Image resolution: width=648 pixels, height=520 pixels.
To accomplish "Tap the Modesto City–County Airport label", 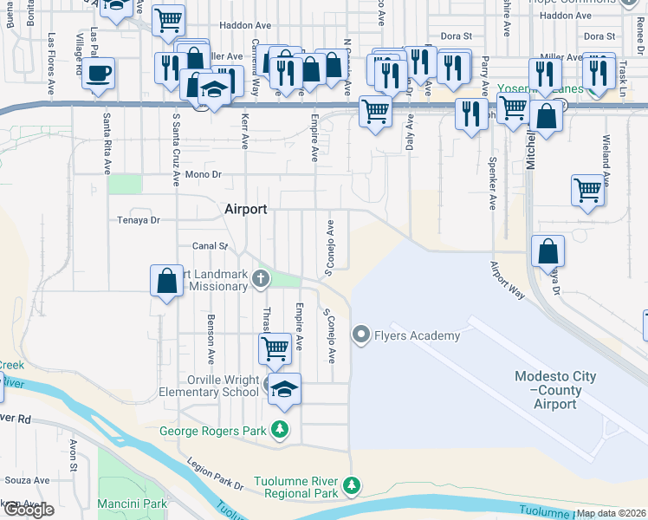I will click(x=555, y=390).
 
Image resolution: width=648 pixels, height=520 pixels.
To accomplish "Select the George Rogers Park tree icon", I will click(x=280, y=429).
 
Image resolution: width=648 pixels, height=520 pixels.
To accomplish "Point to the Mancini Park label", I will click(x=131, y=504).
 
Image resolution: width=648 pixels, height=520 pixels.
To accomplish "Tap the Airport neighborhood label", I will click(x=245, y=209).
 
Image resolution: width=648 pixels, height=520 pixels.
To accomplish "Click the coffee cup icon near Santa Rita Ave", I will click(x=99, y=73).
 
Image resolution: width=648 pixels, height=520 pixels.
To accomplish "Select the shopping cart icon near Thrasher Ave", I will click(x=275, y=348).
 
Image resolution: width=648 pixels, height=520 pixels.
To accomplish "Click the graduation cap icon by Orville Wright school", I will click(x=283, y=389).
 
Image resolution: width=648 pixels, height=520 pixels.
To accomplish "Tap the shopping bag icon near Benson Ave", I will click(x=166, y=281).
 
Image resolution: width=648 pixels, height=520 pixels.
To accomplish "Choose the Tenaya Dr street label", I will click(x=139, y=220).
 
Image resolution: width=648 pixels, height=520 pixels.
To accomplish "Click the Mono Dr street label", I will click(x=204, y=174).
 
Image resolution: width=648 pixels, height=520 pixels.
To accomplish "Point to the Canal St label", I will click(x=210, y=246).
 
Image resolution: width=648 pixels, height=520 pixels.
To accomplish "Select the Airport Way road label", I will click(x=508, y=281).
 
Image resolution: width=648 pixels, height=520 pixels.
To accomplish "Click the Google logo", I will click(x=29, y=510).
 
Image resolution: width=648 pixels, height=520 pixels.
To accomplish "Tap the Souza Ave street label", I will click(x=28, y=479).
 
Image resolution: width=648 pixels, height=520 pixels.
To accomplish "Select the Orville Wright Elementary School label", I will click(x=224, y=386).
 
